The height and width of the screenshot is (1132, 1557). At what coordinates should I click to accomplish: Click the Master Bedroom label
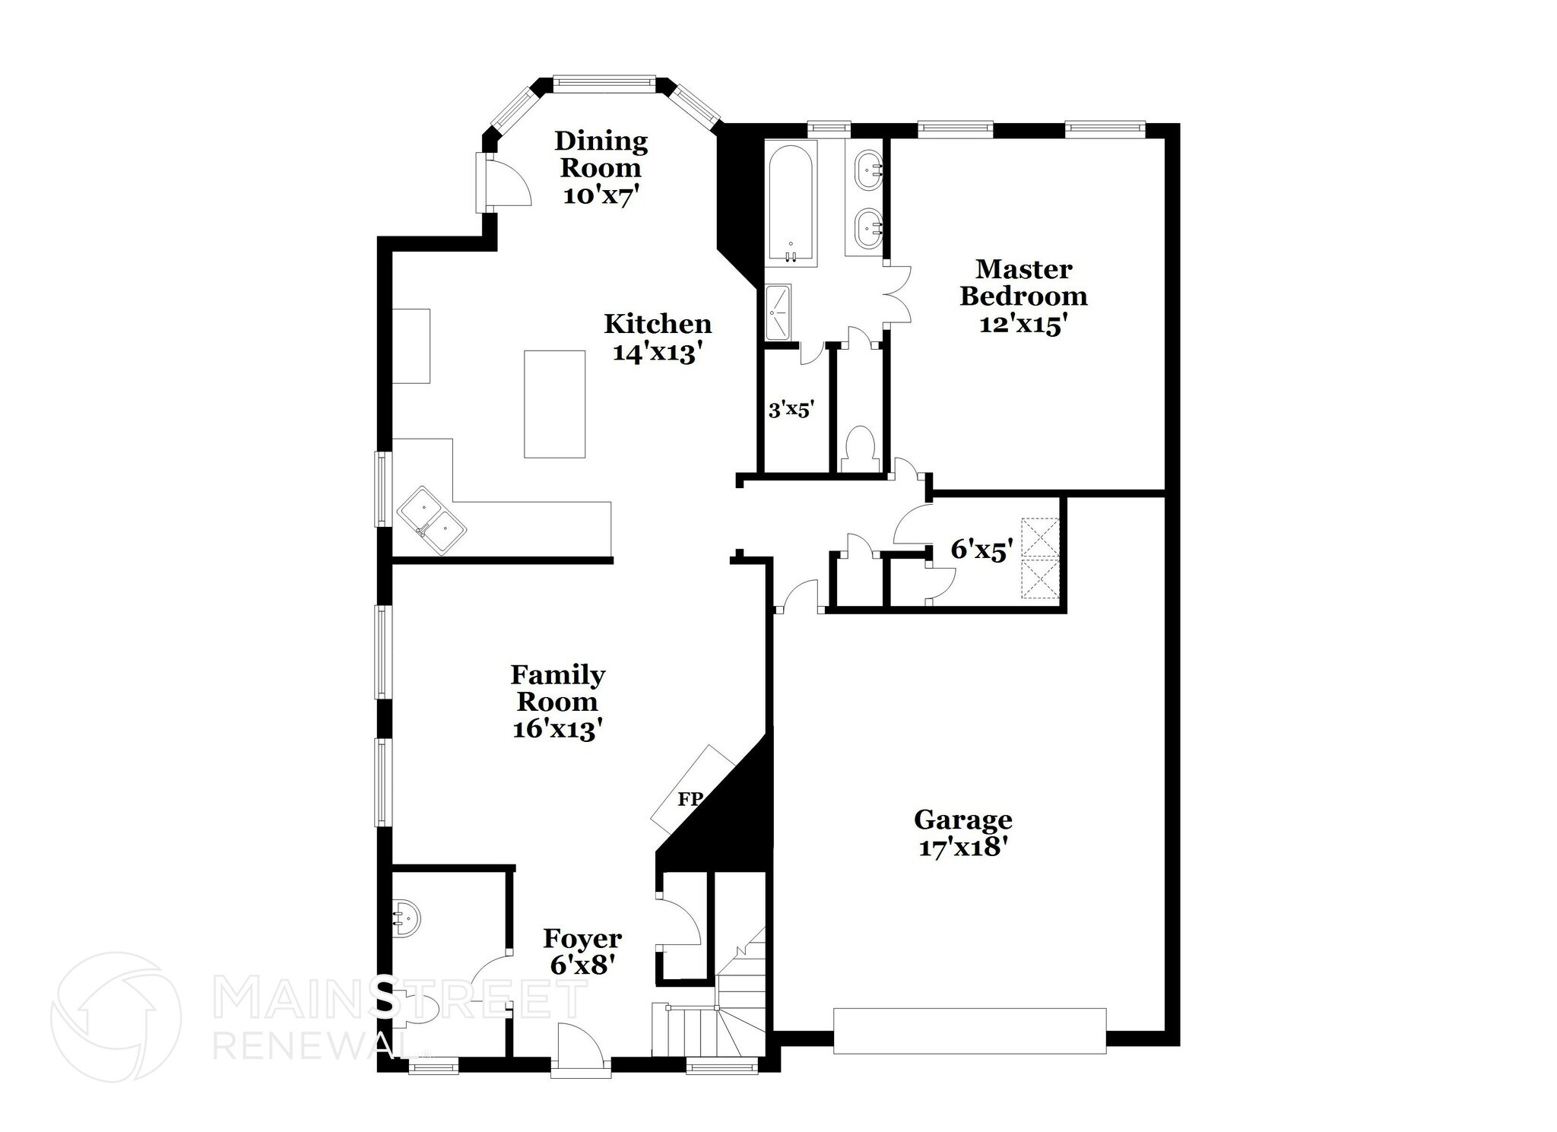(x=1023, y=282)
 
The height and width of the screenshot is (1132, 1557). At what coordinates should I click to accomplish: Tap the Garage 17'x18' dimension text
(x=963, y=847)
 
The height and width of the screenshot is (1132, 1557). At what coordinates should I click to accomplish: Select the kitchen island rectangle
(x=554, y=404)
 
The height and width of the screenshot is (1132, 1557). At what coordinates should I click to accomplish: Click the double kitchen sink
(x=432, y=521)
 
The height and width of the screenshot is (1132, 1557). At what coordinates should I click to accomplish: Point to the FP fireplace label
(x=689, y=798)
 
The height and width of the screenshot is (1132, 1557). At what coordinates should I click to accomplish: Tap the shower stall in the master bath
(x=778, y=312)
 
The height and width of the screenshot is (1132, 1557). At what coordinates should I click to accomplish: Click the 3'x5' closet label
(x=791, y=411)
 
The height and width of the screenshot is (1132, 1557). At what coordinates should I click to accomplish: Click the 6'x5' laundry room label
(x=981, y=550)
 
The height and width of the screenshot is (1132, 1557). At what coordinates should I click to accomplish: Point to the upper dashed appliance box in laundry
(x=1040, y=537)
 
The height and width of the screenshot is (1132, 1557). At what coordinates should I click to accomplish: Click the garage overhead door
(x=969, y=1030)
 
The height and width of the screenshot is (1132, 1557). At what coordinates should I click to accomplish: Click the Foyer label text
(x=582, y=939)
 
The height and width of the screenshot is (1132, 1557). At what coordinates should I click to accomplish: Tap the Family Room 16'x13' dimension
(x=557, y=729)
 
